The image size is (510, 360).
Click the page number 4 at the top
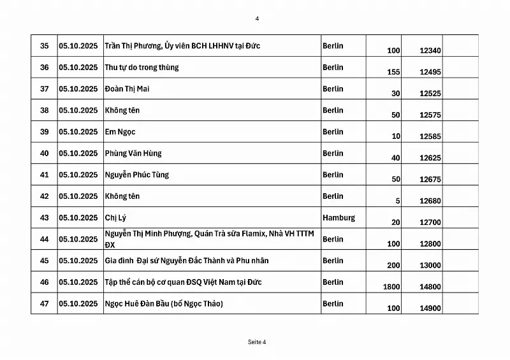[x=257, y=18]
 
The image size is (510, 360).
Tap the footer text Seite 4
[x=257, y=342]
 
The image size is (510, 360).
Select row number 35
[x=44, y=46]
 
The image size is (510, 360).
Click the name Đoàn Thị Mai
[x=127, y=89]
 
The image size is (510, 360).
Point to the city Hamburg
[x=339, y=217]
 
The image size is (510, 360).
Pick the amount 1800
[x=391, y=287]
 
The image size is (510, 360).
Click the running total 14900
[x=430, y=308]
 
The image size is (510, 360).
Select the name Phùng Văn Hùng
[x=133, y=153]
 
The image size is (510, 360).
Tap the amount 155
[x=393, y=72]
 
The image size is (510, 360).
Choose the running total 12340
[x=430, y=50]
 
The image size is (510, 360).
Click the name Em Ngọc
[x=120, y=131]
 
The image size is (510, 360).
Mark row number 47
[x=44, y=303]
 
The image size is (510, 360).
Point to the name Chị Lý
[x=115, y=217]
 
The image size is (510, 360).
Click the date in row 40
[x=78, y=153]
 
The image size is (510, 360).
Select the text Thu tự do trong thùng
[x=142, y=67]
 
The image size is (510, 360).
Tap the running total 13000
[x=430, y=266]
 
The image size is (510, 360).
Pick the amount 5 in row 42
[x=398, y=201]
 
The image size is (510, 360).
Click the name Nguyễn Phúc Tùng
[x=137, y=175]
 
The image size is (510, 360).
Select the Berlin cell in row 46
[x=333, y=282]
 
